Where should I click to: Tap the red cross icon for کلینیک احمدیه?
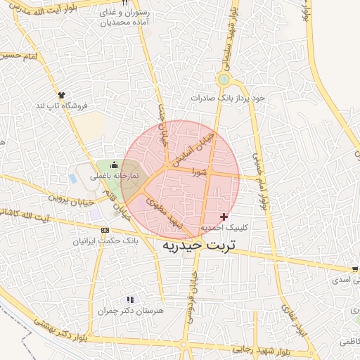224,217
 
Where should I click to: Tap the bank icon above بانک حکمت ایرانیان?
105,230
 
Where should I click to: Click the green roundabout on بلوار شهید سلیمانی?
224,79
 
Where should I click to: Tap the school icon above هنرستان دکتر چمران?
129,300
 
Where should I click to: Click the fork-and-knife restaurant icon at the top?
124,4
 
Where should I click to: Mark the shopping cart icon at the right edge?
355,269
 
